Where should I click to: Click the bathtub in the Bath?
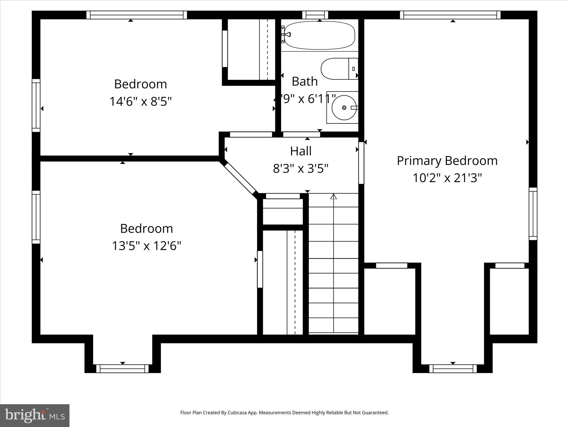(320, 35)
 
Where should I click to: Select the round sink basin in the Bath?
(344, 108)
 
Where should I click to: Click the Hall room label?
(301, 151)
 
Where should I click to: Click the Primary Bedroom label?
(447, 161)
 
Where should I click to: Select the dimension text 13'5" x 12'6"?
(146, 246)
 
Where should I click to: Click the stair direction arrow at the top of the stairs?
(333, 197)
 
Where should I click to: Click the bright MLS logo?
(34, 415)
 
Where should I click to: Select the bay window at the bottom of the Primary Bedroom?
(453, 369)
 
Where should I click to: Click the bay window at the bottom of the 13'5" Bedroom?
(123, 369)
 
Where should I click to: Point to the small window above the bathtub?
(315, 15)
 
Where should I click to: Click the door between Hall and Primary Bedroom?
(361, 163)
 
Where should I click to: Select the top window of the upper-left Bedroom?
(136, 15)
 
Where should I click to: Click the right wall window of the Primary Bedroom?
(533, 213)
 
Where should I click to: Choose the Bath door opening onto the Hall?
(301, 135)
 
